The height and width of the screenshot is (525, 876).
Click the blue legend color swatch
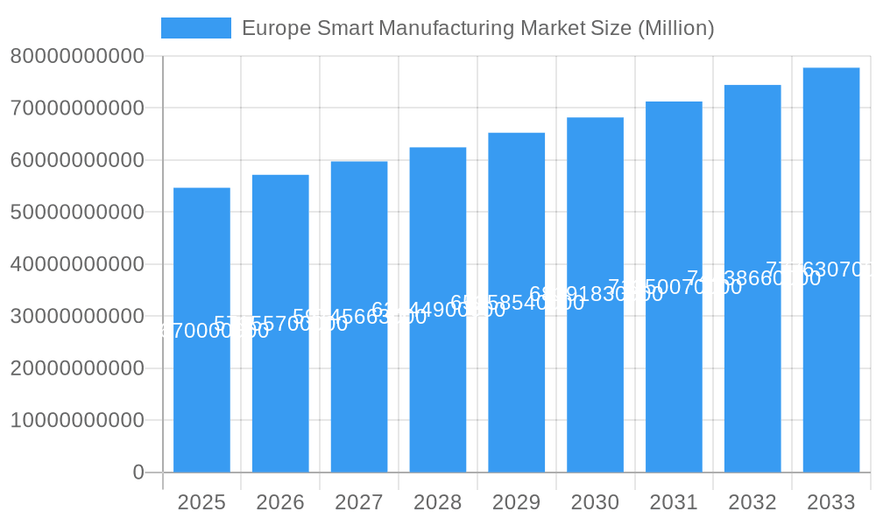(196, 28)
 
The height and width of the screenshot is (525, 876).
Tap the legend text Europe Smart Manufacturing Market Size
(477, 28)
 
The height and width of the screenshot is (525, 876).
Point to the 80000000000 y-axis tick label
(77, 57)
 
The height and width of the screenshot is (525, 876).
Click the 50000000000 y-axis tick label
(77, 213)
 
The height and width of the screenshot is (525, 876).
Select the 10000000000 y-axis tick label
(77, 421)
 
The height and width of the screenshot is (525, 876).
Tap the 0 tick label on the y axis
(138, 472)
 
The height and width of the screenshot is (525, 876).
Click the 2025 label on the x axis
(201, 502)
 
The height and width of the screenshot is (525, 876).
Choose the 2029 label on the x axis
(516, 502)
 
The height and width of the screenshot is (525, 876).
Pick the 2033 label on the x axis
(830, 502)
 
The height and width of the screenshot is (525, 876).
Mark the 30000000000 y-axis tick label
(77, 317)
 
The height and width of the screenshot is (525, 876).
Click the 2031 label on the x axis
(674, 502)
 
